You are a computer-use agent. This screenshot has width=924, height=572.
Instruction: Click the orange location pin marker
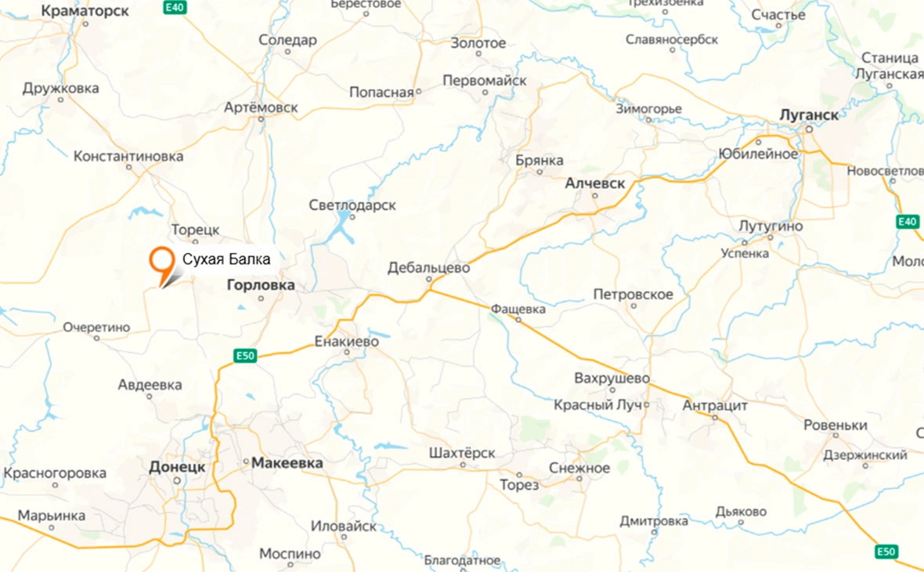point(162,261)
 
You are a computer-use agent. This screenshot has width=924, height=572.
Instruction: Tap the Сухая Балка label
point(226,259)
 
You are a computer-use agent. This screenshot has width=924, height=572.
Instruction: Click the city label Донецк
point(177,467)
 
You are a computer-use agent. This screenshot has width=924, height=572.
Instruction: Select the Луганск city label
point(809,115)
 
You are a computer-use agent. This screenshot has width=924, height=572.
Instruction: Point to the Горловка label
point(260,285)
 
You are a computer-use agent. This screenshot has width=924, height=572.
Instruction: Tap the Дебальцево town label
point(428,268)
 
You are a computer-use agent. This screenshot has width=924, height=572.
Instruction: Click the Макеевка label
point(287,464)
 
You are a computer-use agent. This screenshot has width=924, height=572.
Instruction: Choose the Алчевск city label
point(595,183)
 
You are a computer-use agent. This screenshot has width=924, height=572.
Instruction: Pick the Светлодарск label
point(352,205)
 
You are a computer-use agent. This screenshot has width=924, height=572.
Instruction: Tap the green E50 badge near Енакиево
point(246,357)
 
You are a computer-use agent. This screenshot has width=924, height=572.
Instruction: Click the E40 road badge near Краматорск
point(175,7)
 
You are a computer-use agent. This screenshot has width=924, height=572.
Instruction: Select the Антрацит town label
point(715,406)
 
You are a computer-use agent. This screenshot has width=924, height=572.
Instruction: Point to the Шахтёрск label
point(462,454)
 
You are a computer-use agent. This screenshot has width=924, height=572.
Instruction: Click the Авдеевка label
point(150,385)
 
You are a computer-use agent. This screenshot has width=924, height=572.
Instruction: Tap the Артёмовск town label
point(261,107)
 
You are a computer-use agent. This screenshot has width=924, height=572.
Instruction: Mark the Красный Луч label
point(597,405)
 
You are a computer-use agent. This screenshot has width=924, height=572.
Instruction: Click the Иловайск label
point(344,526)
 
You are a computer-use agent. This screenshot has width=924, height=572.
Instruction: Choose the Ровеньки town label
point(836,425)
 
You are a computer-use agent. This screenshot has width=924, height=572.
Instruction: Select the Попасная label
point(381,92)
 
